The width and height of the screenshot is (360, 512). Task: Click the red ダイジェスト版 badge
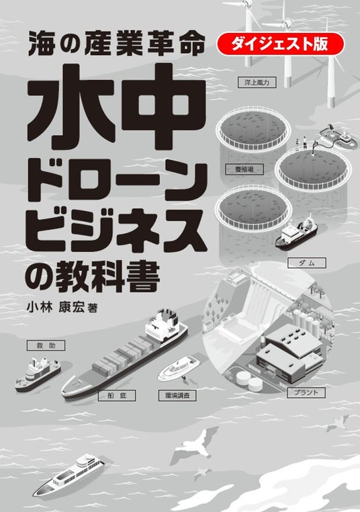pos(280,44)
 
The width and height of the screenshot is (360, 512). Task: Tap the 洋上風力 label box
pos(257,82)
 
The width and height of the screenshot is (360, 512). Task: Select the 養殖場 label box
pos(244,169)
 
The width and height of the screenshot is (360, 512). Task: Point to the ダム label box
pos(306,263)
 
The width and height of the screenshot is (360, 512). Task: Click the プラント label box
pos(306,392)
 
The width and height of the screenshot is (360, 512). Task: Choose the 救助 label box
pos(46,345)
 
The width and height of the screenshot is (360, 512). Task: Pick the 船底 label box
pos(116,396)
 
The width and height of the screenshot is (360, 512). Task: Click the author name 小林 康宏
pos(56,307)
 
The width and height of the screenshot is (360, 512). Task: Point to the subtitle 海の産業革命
pos(116,44)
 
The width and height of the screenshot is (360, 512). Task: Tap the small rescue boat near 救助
pos(38,374)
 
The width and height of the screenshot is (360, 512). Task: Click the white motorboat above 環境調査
pos(178,369)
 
